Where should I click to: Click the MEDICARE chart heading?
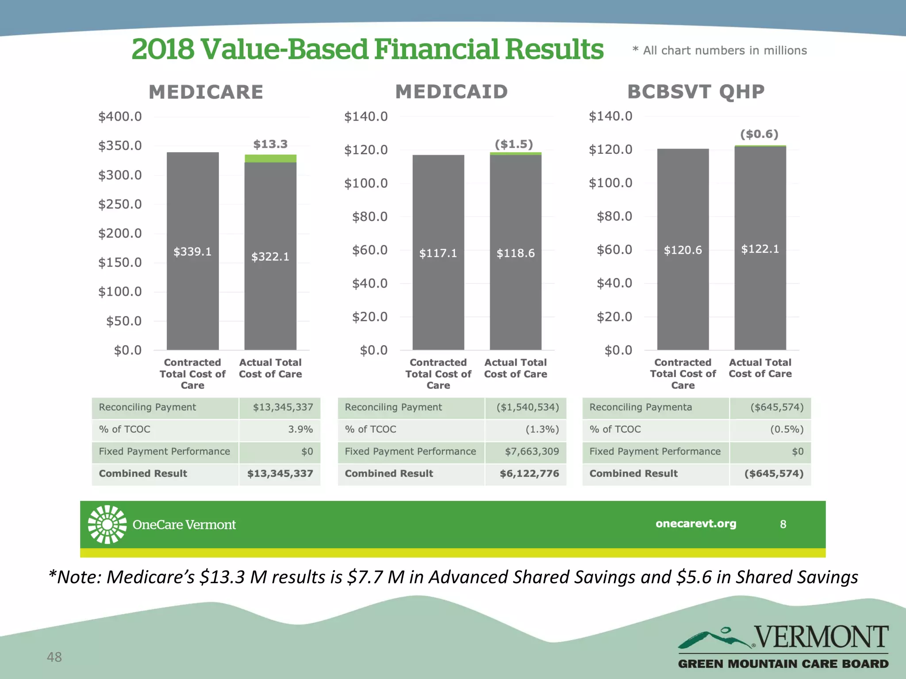pos(206,92)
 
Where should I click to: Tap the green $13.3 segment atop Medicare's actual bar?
pos(270,159)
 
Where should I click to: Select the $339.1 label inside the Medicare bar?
pos(192,252)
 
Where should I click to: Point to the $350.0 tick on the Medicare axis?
pos(120,145)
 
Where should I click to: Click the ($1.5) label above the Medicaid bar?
pos(514,144)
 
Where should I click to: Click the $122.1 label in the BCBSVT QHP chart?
pos(760,249)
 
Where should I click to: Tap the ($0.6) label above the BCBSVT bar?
pos(759,134)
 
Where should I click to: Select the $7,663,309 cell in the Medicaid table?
pos(532,451)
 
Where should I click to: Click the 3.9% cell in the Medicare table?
pos(300,429)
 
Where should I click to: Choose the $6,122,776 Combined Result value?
pos(529,473)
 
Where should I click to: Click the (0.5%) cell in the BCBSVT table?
pos(787,429)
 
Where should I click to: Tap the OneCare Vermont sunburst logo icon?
pos(107,524)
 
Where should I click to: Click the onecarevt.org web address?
pos(696,524)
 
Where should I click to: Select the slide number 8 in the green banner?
pos(783,524)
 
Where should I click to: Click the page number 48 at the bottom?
pos(54,657)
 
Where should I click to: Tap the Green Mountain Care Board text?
pos(783,664)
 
